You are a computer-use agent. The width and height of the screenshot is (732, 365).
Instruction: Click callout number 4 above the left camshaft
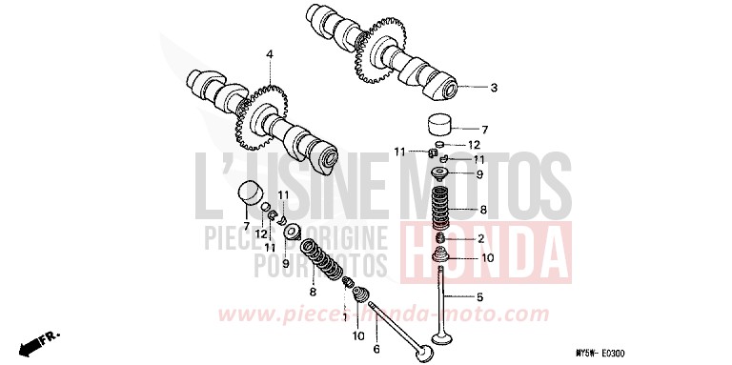[270, 53]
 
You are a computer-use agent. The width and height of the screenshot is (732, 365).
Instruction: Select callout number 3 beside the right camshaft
[494, 89]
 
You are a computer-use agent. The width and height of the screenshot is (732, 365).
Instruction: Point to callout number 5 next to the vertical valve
[479, 296]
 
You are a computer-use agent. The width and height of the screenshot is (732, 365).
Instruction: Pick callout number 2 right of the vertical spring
[480, 239]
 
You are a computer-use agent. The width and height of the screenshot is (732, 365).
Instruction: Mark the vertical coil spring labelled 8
[441, 207]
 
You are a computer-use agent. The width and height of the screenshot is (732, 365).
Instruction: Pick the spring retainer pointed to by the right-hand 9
[442, 173]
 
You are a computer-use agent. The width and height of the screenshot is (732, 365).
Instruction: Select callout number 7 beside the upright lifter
[483, 130]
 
